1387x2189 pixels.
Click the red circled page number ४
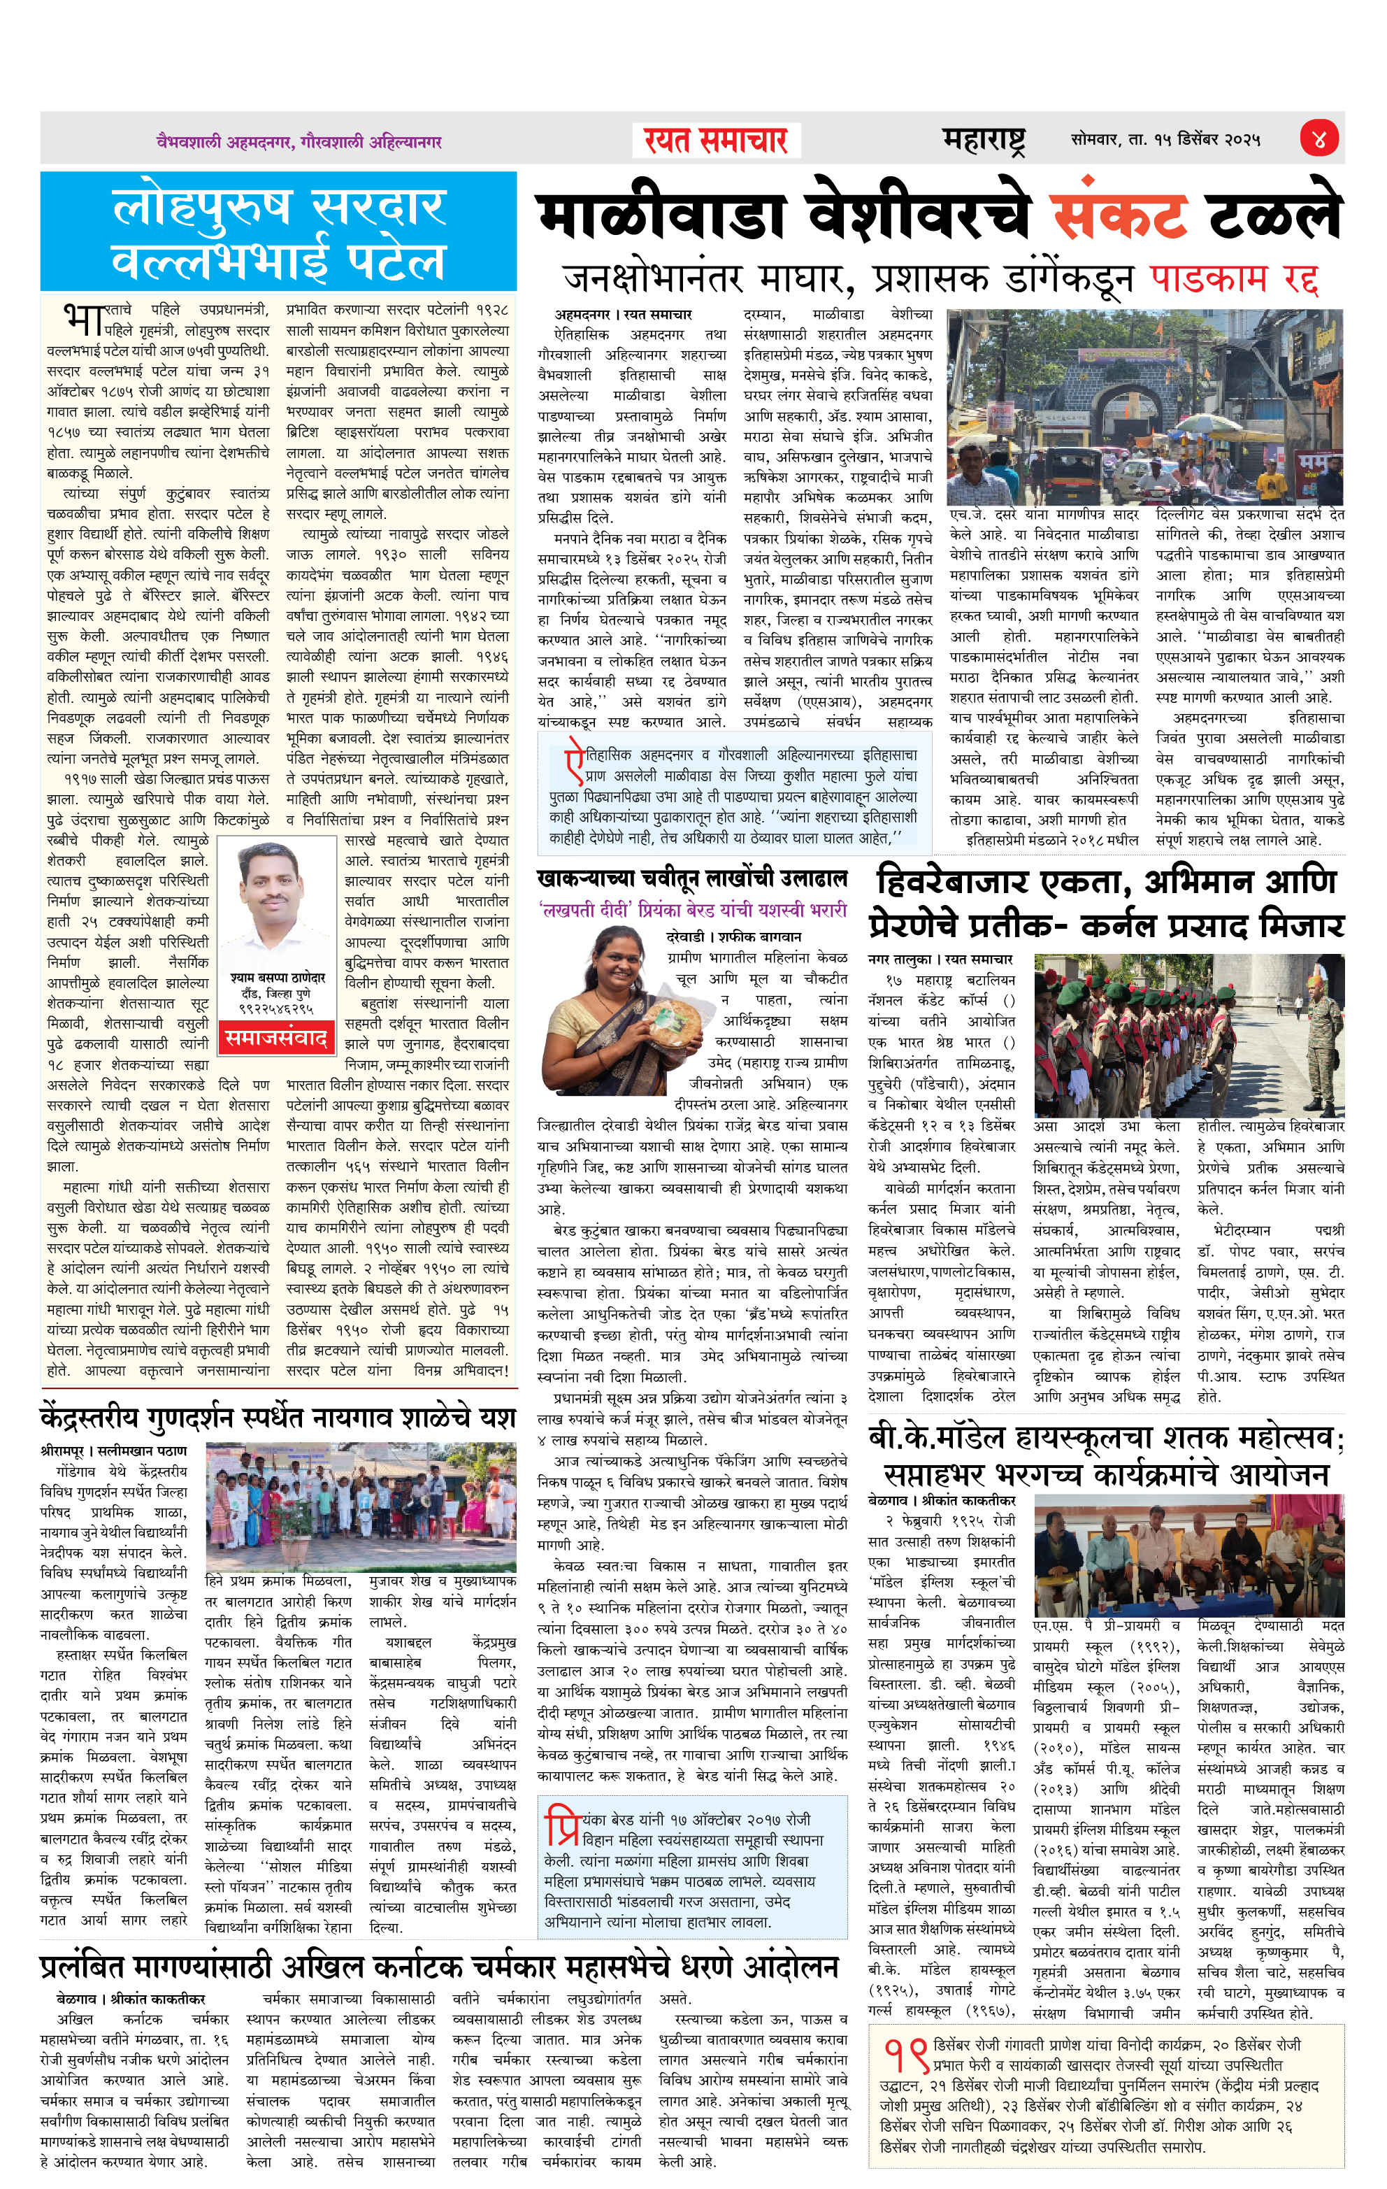coord(1318,139)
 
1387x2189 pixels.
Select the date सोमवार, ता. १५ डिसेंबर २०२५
coord(1165,140)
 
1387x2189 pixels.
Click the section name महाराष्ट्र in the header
coord(984,140)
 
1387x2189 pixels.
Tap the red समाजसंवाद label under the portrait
coord(276,1037)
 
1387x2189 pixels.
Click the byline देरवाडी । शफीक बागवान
coord(733,936)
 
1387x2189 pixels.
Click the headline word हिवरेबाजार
coord(963,883)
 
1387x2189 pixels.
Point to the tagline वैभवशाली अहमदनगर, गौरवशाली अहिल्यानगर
coord(299,142)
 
